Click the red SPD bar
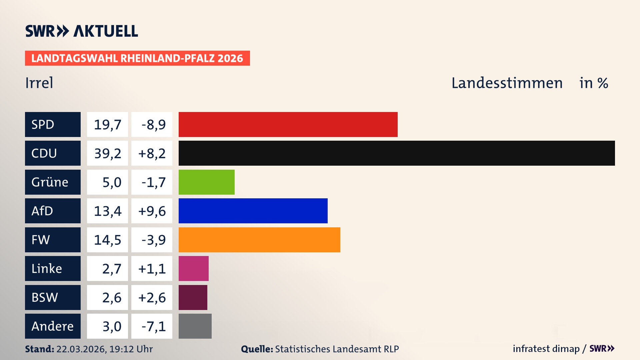(288, 124)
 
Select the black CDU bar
(397, 153)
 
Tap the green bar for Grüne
(207, 182)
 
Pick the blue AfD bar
(253, 211)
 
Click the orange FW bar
(259, 240)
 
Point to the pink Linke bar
(194, 268)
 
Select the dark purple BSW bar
(193, 297)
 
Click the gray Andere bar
(195, 326)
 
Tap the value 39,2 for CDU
(107, 153)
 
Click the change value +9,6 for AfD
(152, 211)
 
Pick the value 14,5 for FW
(107, 240)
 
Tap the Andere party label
(53, 326)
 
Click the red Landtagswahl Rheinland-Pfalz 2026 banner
(137, 58)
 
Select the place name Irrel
(39, 83)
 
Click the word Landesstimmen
(507, 83)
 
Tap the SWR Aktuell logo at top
(82, 31)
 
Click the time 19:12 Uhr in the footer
(131, 349)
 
